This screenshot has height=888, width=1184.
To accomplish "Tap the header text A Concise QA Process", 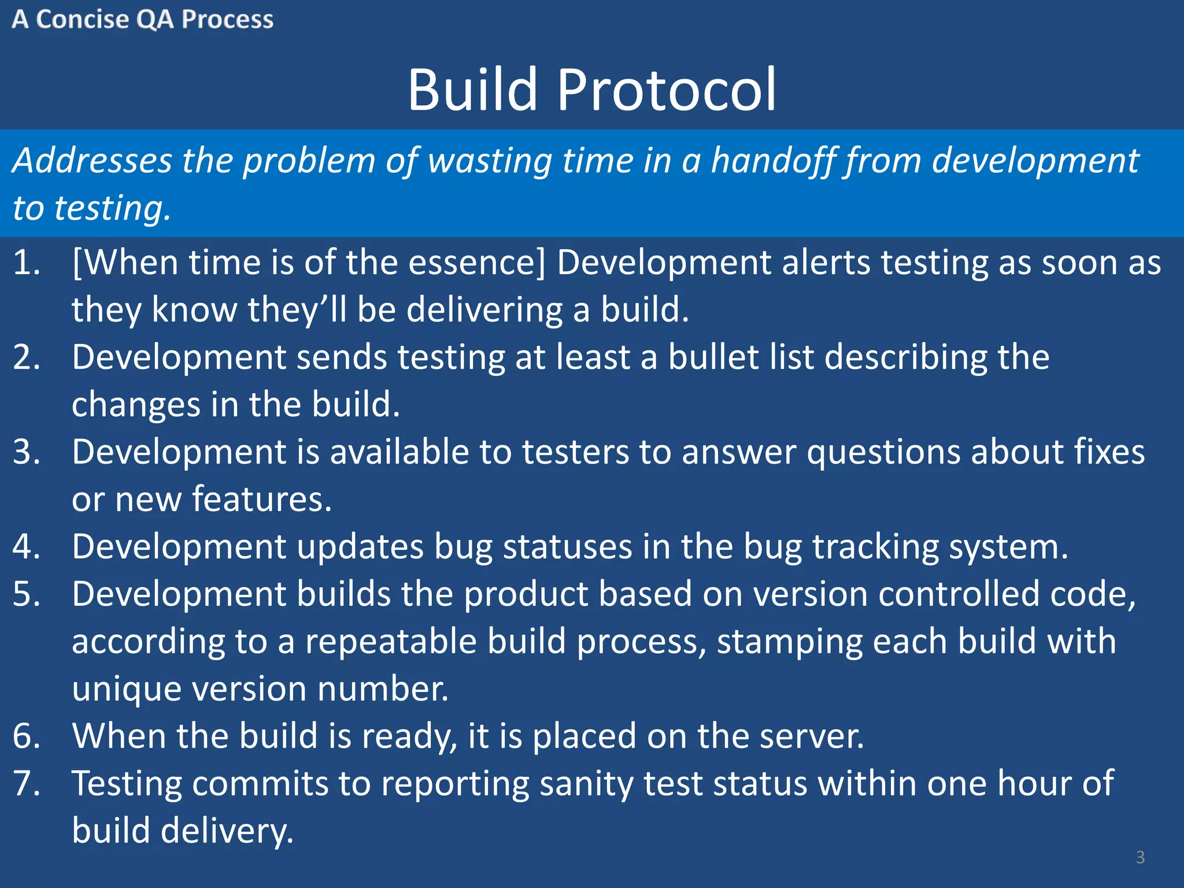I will coord(142,20).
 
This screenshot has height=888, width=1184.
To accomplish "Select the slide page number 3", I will coord(1140,857).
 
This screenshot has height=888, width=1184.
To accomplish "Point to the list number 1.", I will coord(27,263).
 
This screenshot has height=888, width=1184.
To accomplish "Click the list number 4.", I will coord(27,547).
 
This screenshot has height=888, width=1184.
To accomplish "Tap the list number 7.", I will coord(27,784).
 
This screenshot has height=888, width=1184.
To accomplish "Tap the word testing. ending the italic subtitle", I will coord(112,209).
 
